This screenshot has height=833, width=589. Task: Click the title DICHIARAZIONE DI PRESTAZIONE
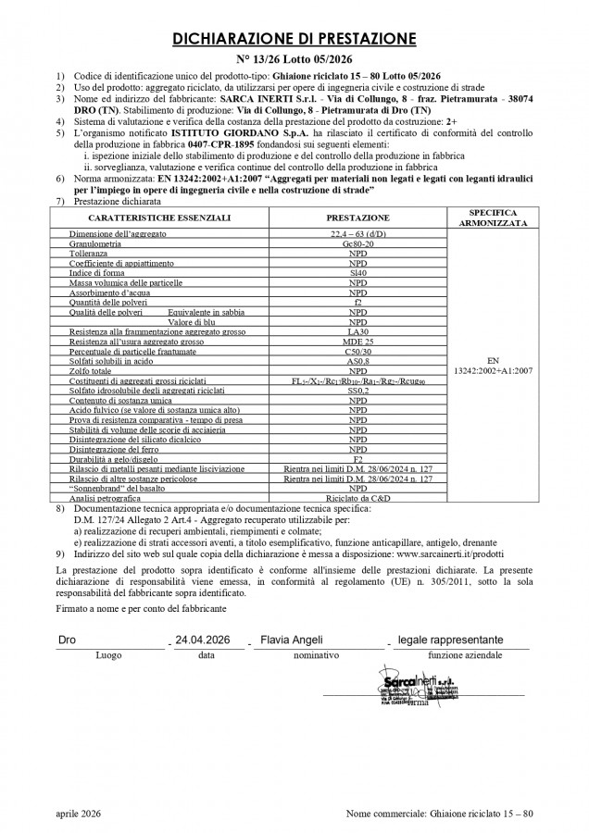tap(294, 39)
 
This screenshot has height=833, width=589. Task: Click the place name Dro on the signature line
tap(67, 640)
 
